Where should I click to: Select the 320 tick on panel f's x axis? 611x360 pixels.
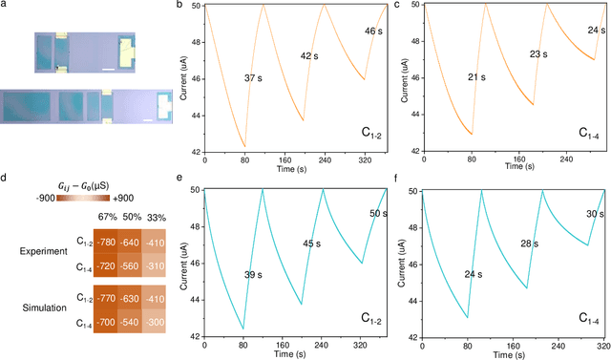[599, 344]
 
